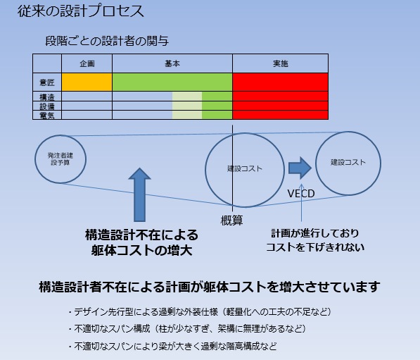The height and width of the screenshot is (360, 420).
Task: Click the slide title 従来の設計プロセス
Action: pos(81,11)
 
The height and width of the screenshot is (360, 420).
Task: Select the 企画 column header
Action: pos(87,63)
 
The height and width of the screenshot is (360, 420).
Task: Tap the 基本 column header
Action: pos(172,63)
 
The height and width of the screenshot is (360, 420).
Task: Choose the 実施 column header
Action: pos(281,63)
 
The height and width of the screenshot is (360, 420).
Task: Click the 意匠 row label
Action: pos(47,82)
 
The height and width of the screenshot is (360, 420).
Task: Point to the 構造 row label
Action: pos(47,97)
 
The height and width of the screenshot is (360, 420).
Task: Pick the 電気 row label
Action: pos(47,116)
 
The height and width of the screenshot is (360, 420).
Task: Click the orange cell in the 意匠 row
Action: pos(87,82)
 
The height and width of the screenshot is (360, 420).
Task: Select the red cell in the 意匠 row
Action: pos(281,82)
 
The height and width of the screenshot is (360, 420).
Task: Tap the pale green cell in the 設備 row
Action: pos(187,106)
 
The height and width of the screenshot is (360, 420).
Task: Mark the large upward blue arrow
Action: pos(139,194)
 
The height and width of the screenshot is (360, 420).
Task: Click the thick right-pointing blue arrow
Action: pos(300,168)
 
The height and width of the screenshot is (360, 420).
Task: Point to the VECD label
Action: pos(301,194)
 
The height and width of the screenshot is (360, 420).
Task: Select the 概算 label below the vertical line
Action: pos(231,221)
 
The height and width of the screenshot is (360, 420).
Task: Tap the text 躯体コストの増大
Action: pos(141,251)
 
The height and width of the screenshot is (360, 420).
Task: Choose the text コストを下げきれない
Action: pos(315,247)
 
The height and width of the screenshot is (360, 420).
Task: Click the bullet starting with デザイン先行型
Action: pos(200,312)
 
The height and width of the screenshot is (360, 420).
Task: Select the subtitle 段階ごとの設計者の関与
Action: pos(107,41)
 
